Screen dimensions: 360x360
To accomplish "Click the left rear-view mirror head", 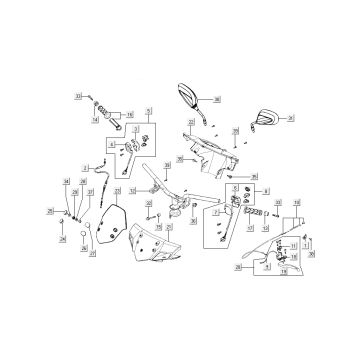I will [187, 93].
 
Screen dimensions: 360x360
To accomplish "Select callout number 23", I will [117, 190].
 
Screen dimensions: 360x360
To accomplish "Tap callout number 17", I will [250, 228].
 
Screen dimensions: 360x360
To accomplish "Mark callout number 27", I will [92, 254].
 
